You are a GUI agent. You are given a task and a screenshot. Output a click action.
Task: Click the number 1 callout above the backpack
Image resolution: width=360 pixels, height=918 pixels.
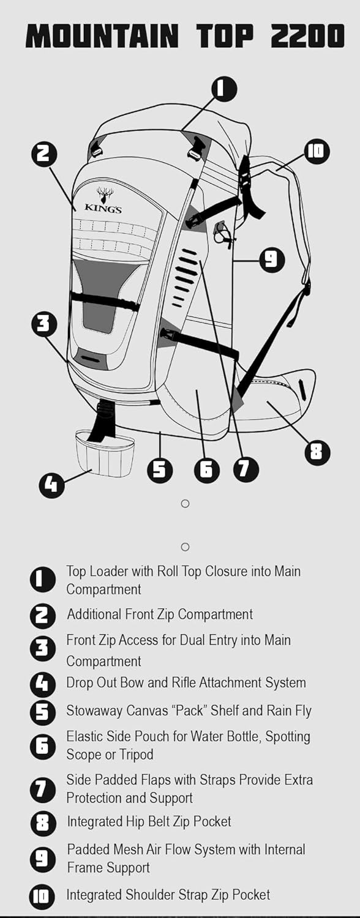[x=224, y=89]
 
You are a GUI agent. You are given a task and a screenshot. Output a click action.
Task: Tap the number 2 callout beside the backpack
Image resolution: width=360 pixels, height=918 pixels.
[x=44, y=154]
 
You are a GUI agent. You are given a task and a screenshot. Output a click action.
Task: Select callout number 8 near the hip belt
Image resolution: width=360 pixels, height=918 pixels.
[x=318, y=452]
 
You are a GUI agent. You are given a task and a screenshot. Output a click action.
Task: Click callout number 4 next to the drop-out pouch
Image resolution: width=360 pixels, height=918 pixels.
[x=51, y=485]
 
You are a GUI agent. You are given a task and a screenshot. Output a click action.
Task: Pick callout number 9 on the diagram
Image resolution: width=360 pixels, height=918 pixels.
[x=272, y=259]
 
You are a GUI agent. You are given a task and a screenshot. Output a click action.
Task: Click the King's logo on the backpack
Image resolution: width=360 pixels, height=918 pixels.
[x=103, y=200]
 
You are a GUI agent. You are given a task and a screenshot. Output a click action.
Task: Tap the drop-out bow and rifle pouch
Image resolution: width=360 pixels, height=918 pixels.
[x=105, y=453]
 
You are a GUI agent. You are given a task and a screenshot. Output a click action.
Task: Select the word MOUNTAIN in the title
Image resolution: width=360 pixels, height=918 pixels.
[x=103, y=36]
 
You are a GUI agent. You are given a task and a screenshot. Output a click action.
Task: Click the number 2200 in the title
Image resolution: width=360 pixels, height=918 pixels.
[x=307, y=36]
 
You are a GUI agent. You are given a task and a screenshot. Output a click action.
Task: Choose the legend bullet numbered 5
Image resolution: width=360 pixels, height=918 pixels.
[x=43, y=711]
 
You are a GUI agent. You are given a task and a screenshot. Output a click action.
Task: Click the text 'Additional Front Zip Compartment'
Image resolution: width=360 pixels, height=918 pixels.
[x=160, y=614]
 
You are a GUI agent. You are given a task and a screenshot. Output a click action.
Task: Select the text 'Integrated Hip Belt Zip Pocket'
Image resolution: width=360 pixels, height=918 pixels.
[x=149, y=821]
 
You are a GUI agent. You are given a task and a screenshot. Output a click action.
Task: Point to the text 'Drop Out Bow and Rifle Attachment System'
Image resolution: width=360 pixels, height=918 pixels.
[x=186, y=682]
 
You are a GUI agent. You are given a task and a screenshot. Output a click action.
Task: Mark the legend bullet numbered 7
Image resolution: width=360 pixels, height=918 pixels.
[x=43, y=789]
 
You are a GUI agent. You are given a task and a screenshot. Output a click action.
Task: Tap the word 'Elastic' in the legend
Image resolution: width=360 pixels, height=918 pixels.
[x=84, y=736]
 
